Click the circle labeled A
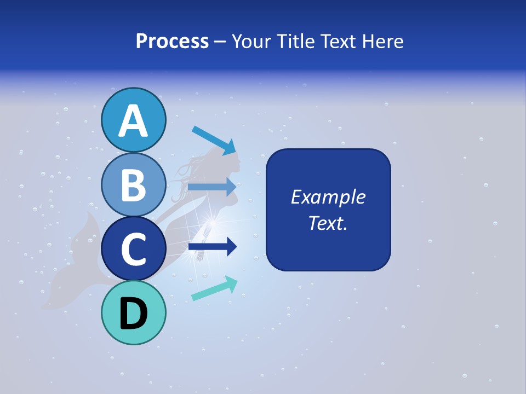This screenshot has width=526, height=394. pyautogui.click(x=133, y=120)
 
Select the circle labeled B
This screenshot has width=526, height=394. pyautogui.click(x=133, y=184)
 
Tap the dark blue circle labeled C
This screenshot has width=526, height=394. pyautogui.click(x=133, y=249)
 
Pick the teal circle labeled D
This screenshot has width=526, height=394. pyautogui.click(x=133, y=313)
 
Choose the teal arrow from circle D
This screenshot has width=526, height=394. pyautogui.click(x=214, y=288)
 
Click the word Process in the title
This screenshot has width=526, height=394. pyautogui.click(x=172, y=41)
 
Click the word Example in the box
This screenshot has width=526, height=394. pyautogui.click(x=328, y=197)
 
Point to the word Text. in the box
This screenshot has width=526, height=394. pyautogui.click(x=328, y=223)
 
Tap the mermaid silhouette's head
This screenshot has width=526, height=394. pyautogui.click(x=230, y=161)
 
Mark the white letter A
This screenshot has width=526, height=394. pyautogui.click(x=133, y=121)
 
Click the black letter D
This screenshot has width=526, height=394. pyautogui.click(x=133, y=314)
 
